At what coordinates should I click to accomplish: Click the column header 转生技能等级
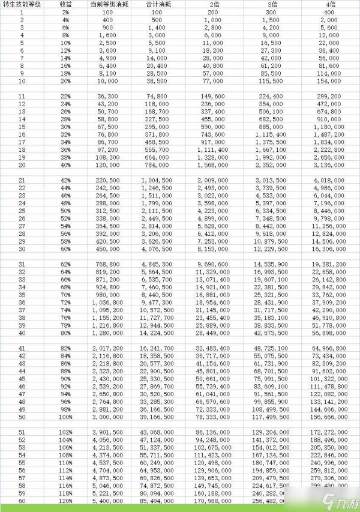(22, 4)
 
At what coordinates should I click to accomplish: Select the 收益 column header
(65, 4)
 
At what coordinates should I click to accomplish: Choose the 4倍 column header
(331, 4)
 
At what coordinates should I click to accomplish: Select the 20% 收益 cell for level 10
(65, 80)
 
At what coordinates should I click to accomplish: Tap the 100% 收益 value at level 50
(65, 417)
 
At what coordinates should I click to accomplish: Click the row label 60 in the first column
(22, 500)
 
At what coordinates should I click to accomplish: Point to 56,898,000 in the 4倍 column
(331, 333)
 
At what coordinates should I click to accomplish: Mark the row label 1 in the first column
(22, 12)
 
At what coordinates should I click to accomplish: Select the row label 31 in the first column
(22, 264)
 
